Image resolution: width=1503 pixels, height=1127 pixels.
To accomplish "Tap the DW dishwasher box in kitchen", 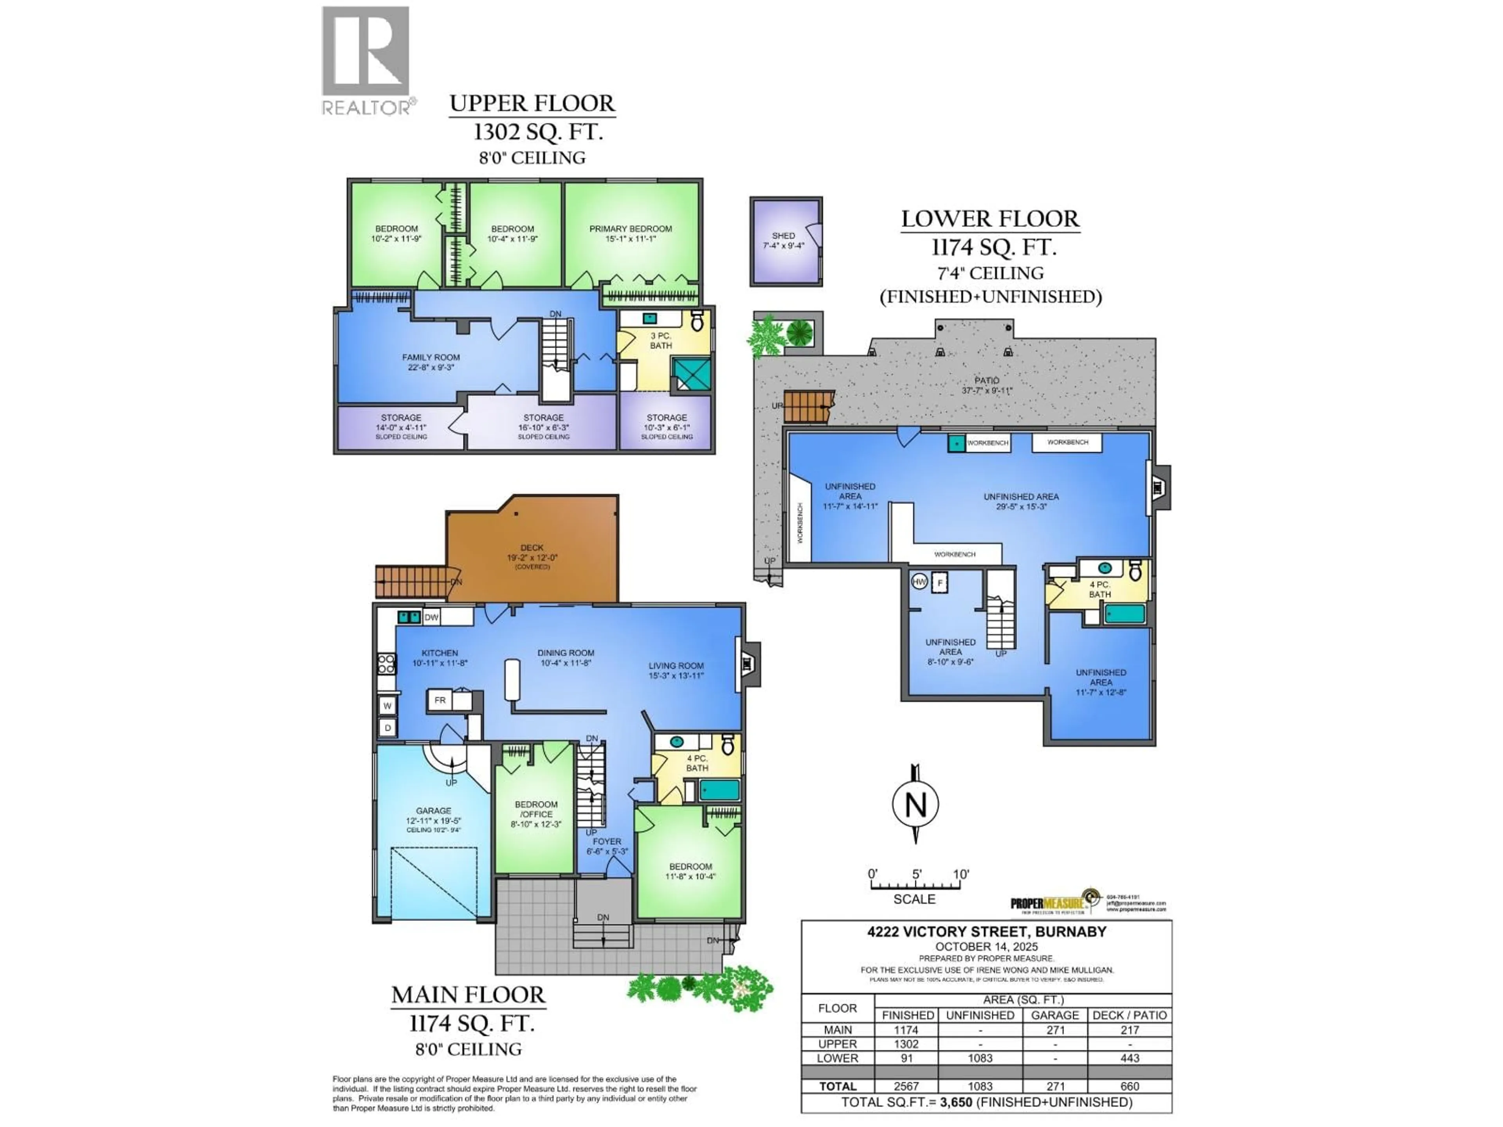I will [x=431, y=617].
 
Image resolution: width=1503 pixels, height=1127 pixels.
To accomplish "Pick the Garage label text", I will [x=434, y=810].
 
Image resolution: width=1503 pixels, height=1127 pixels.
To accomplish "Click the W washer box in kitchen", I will [x=387, y=706].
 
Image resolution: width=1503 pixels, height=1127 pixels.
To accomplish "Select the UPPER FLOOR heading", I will [x=532, y=103].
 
